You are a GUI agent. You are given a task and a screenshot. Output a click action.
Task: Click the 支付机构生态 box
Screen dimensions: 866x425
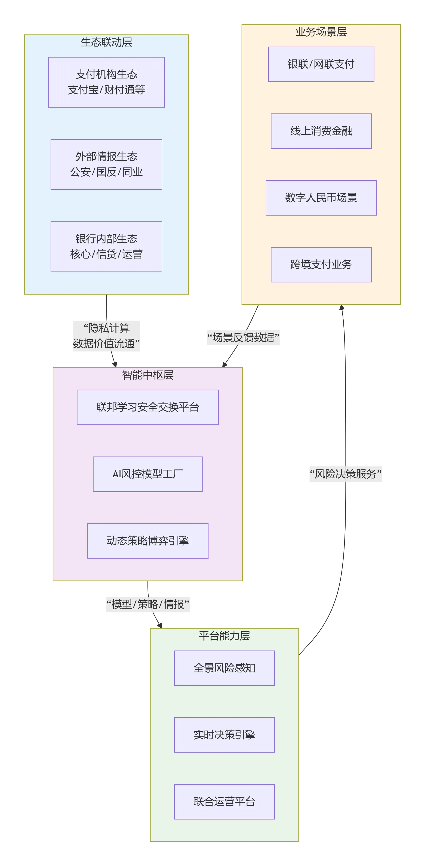[x=106, y=82]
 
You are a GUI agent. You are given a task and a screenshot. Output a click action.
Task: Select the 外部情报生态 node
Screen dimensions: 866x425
[x=106, y=164]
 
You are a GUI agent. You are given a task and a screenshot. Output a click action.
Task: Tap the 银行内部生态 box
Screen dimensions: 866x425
[x=106, y=246]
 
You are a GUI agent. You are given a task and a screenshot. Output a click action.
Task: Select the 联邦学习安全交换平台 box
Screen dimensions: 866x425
[x=148, y=407]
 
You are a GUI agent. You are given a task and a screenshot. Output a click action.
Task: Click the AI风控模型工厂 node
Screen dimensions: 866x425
[x=148, y=474]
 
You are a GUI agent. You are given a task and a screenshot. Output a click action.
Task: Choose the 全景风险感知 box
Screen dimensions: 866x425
[x=224, y=668]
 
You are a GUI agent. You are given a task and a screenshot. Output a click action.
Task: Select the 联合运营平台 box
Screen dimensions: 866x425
[x=224, y=802]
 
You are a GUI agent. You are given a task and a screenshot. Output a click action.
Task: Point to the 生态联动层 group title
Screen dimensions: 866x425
[x=106, y=42]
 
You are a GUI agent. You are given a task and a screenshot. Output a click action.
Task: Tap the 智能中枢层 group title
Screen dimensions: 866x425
[x=148, y=375]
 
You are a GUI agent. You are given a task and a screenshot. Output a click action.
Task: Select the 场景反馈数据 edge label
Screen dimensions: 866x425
[x=243, y=337]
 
